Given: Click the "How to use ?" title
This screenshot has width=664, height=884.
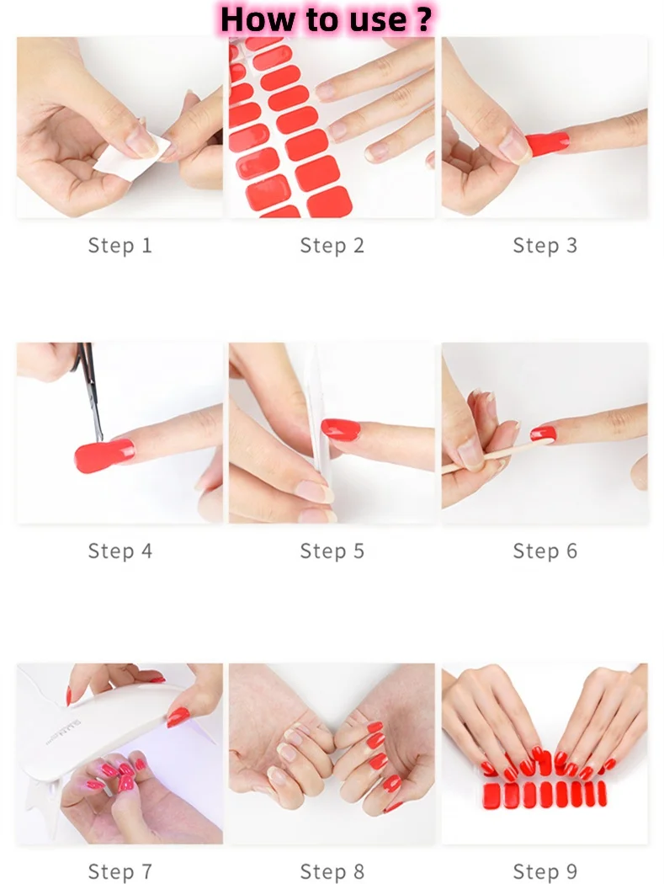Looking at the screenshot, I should (x=327, y=19).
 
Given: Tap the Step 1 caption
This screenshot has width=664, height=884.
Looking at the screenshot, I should (x=120, y=246).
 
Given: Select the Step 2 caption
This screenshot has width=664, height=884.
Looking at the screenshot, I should (x=332, y=246).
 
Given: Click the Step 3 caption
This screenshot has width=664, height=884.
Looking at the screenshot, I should (x=545, y=246).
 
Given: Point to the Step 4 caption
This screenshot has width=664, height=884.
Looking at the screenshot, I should (x=120, y=551).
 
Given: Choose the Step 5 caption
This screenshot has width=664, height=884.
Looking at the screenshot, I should (x=332, y=551).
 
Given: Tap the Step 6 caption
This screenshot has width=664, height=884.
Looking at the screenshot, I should (x=545, y=551).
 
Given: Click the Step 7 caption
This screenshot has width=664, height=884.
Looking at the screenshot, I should (x=120, y=871).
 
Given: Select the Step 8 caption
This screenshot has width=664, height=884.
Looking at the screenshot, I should (x=332, y=871).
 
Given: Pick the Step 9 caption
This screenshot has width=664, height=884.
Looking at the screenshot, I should (x=545, y=871).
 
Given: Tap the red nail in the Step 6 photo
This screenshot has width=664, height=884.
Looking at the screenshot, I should (x=544, y=434).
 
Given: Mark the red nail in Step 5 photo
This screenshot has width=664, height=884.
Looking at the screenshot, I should (x=341, y=429).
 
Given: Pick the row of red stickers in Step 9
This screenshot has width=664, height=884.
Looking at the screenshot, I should (x=544, y=793).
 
